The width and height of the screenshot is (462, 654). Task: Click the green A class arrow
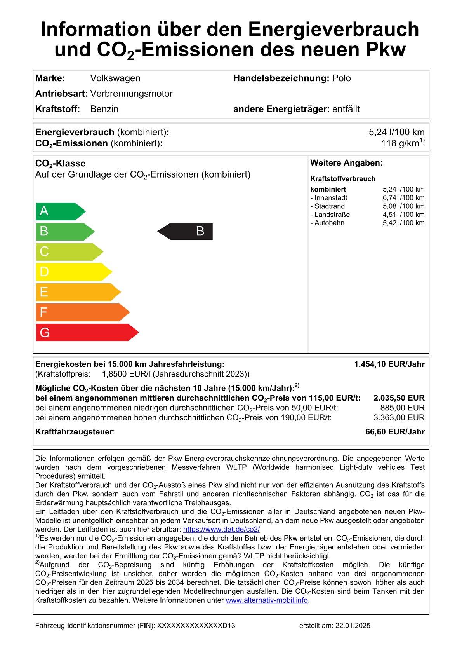pos(60,211)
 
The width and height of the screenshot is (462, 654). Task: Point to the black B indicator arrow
pos(186,231)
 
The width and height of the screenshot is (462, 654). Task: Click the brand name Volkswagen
pos(115,78)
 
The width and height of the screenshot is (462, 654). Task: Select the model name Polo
pos(342,78)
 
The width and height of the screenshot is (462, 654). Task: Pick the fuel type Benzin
pos(104,109)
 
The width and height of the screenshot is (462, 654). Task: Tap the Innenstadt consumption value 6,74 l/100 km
pos(403,198)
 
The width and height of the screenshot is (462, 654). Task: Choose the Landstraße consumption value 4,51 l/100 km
pos(403,215)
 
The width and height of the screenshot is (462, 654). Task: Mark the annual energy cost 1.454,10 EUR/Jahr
pos(389,364)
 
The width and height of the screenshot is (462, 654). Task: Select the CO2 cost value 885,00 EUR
pos(402,408)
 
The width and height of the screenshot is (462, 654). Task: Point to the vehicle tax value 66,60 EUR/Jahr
pos(395,432)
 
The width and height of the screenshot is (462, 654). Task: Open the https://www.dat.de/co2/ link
pos(221,529)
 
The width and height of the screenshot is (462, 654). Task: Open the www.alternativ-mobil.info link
pos(267,600)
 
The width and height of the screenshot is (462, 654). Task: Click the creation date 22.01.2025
pos(353,626)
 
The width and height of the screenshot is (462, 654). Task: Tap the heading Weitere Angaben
pos(346,163)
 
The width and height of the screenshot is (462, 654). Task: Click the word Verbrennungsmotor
pos(131,94)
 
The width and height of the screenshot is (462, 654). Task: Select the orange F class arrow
pos(83,312)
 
